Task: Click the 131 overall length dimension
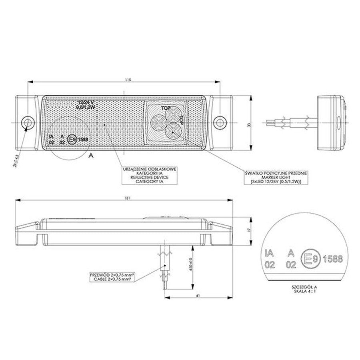tap(128, 198)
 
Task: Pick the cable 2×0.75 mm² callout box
tap(112, 278)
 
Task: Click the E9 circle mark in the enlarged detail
tap(310, 259)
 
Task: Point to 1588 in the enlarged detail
tap(332, 259)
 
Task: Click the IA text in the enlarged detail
tap(269, 253)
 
